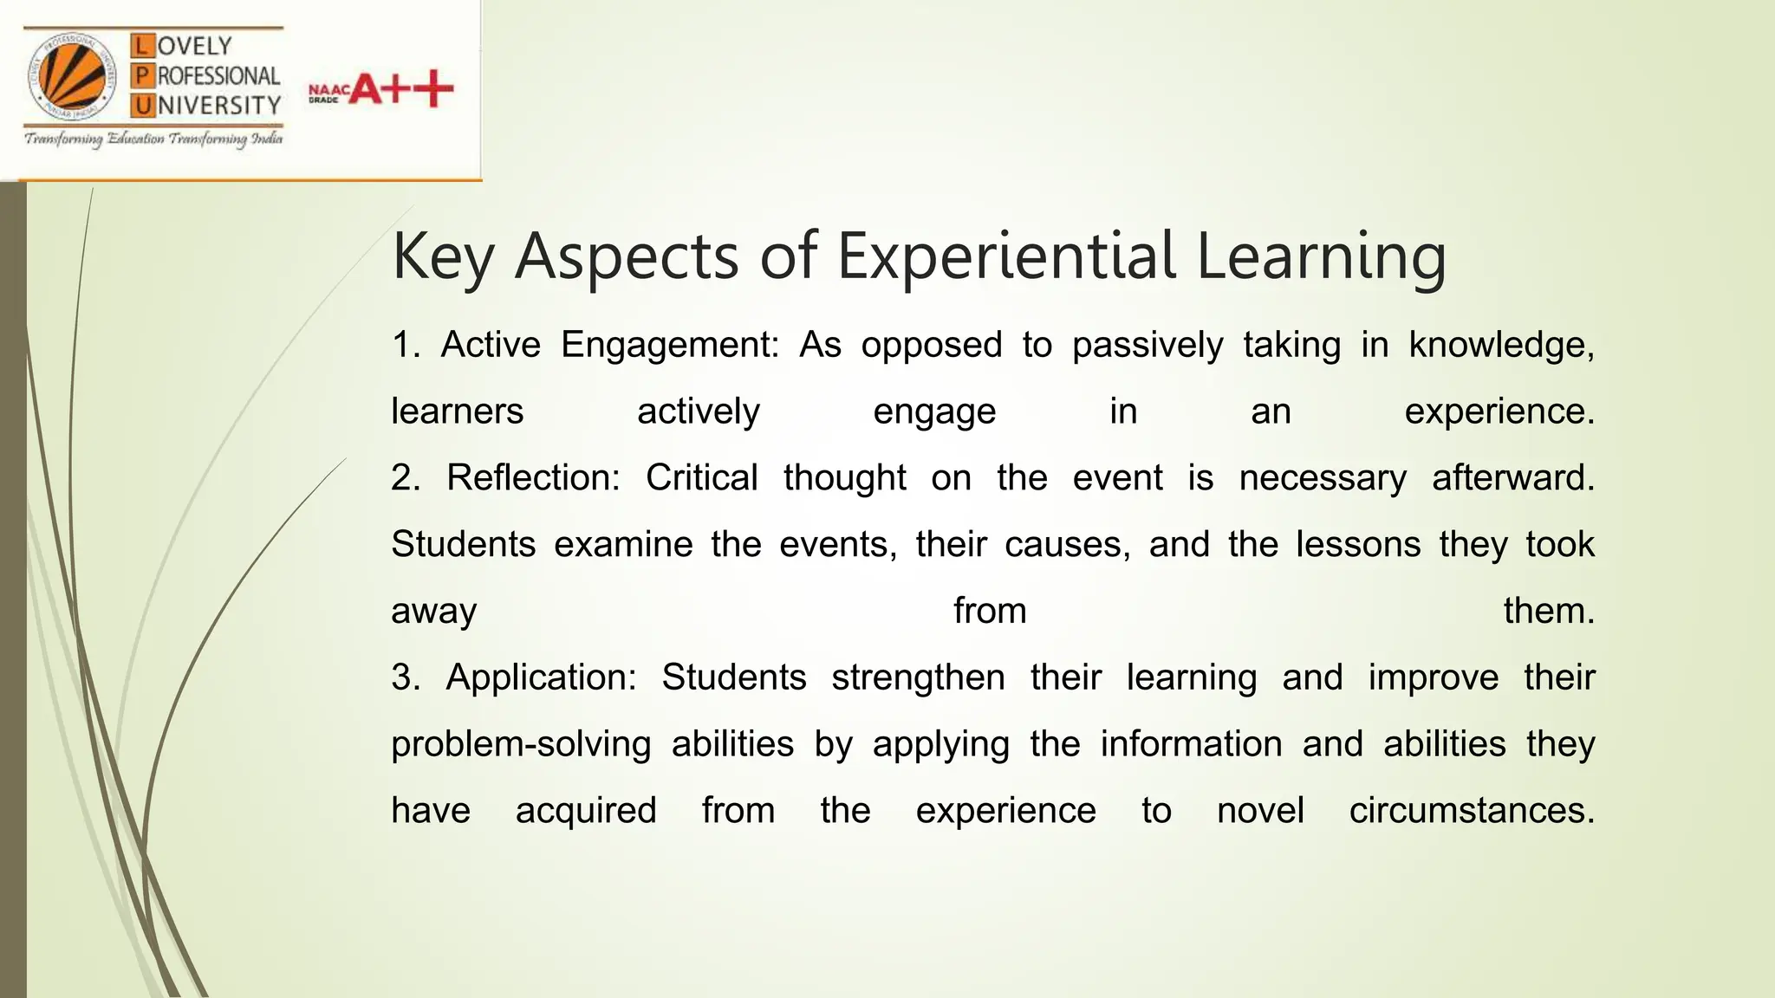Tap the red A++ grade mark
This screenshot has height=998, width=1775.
[x=401, y=89]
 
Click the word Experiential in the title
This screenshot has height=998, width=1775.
[x=1006, y=256]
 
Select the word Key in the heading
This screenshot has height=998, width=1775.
[x=442, y=257]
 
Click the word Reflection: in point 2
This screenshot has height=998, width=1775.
[x=533, y=478]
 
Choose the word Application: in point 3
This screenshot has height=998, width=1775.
[x=541, y=677]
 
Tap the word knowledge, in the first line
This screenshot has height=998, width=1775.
[x=1501, y=345]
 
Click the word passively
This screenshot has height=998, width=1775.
[x=1148, y=346]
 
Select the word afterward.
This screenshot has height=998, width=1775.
[x=1512, y=478]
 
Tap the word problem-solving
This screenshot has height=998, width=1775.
[x=520, y=744]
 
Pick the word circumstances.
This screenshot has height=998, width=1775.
[x=1472, y=811]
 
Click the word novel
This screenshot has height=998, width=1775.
[x=1260, y=811]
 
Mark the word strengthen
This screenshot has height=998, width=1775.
[x=918, y=677]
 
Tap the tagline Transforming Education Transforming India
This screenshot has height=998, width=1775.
[x=153, y=139]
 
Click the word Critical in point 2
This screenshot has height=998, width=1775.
[x=701, y=478]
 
